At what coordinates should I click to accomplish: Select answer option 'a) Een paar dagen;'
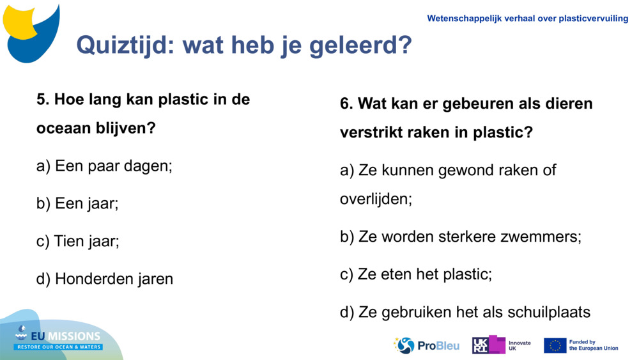(104, 166)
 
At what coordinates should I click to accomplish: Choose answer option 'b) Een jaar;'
(77, 203)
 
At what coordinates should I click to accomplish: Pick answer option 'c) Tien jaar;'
(78, 241)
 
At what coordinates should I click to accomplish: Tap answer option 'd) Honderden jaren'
(105, 279)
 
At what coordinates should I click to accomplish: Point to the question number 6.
(346, 104)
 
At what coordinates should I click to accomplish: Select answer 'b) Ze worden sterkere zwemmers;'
(460, 237)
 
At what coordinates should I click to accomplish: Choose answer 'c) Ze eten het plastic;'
(415, 274)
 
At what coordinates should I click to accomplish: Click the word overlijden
(375, 199)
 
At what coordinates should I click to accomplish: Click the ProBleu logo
(426, 345)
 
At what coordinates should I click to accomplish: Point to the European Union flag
(555, 345)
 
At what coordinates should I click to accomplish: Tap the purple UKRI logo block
(489, 345)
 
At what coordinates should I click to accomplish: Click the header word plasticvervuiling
(593, 19)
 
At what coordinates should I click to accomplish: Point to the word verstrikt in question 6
(371, 132)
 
